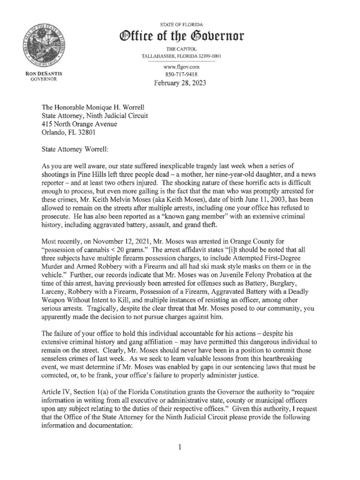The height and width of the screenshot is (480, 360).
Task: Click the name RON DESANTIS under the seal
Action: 43,75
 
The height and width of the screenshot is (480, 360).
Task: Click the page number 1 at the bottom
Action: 179,448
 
